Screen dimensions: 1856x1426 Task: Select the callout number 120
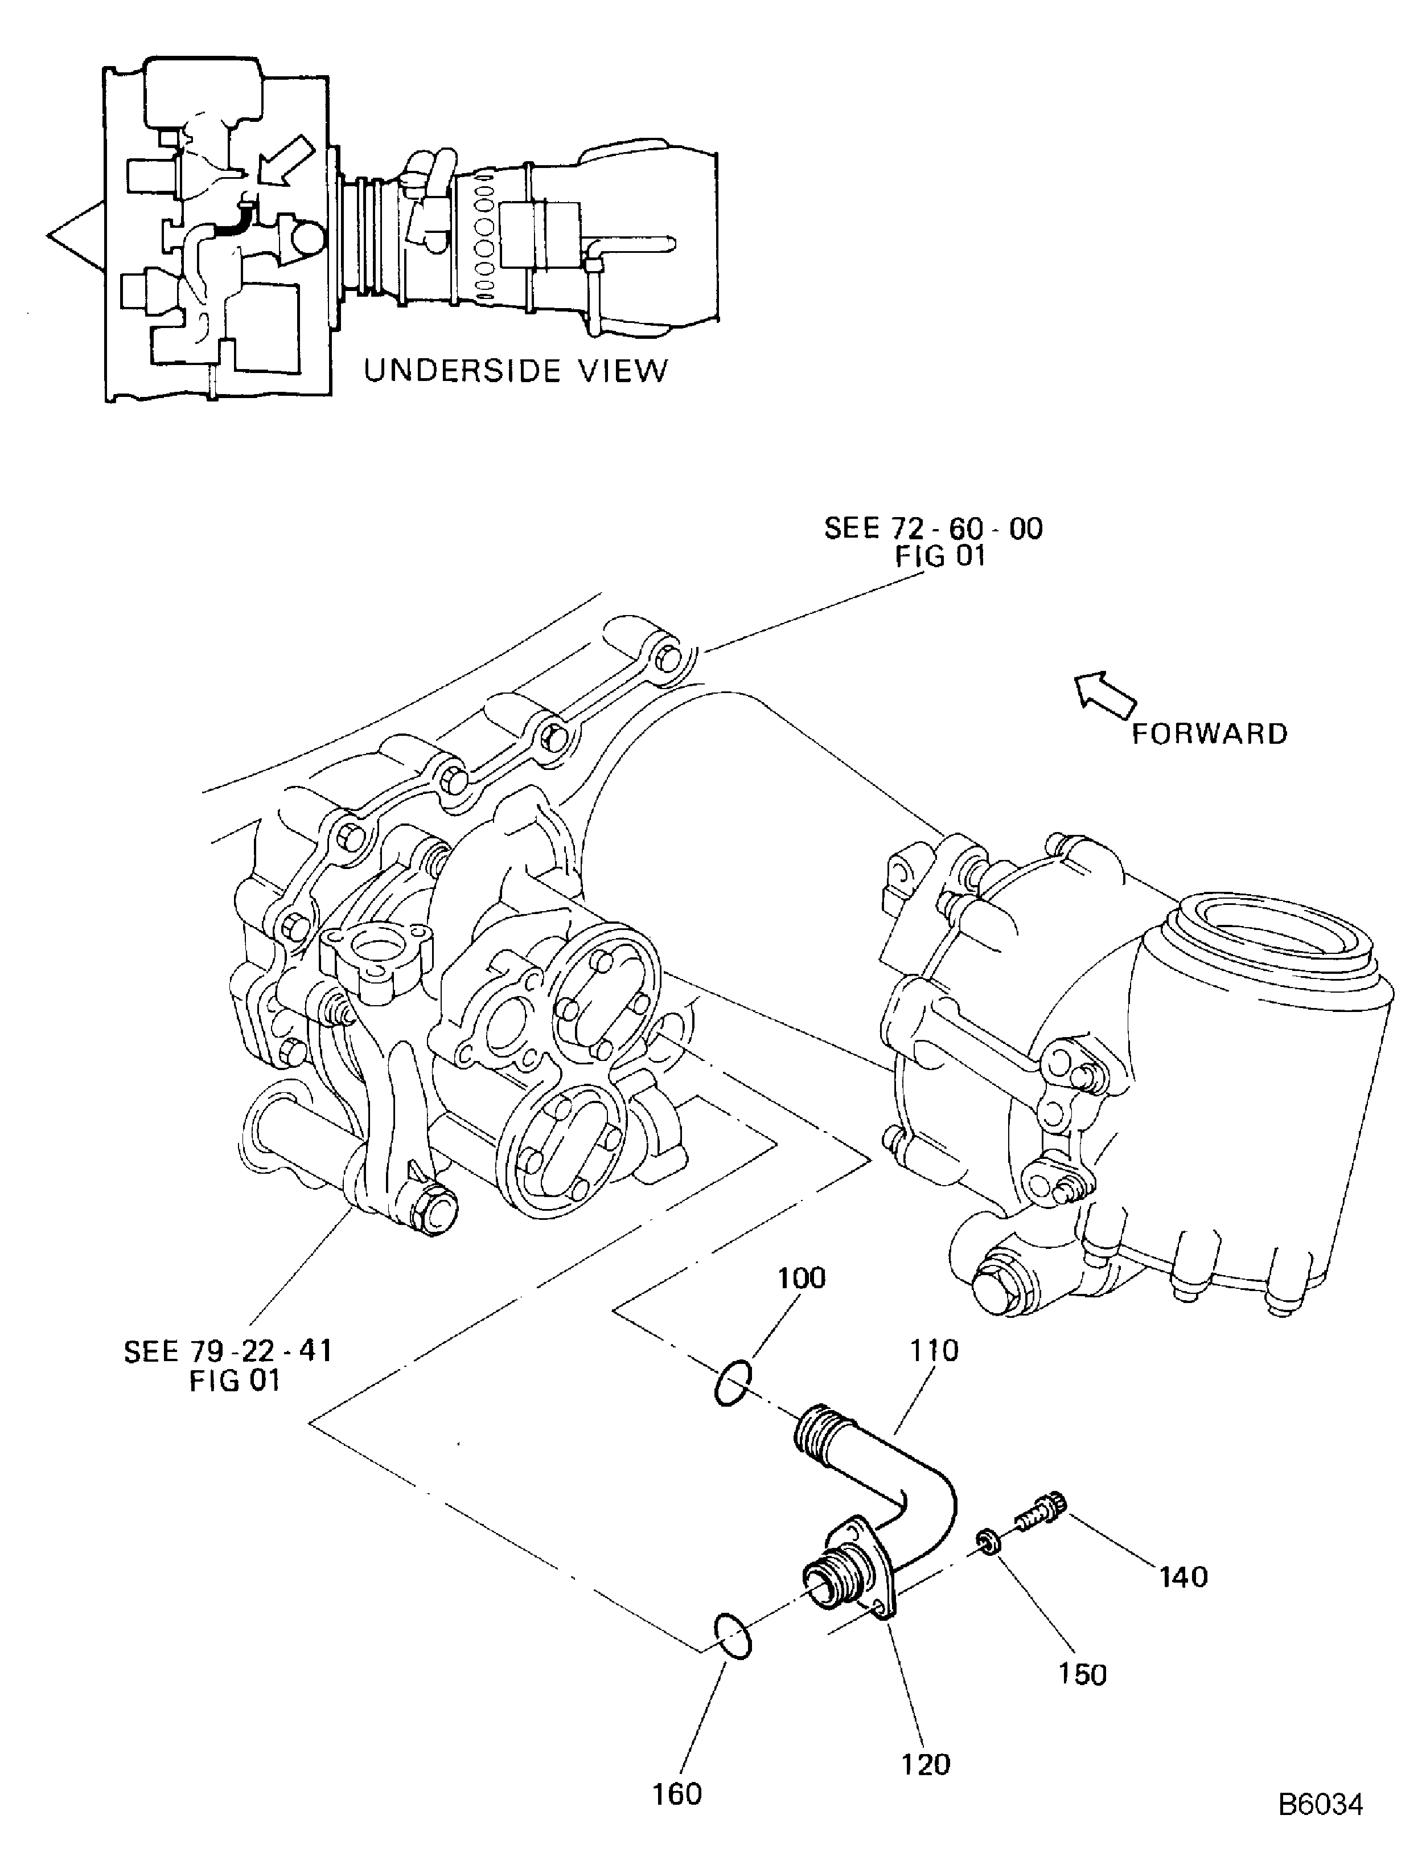(x=925, y=1764)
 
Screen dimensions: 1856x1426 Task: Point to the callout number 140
(x=1183, y=1577)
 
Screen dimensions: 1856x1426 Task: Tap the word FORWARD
(x=1210, y=734)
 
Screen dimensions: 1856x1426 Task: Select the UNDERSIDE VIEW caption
(x=515, y=371)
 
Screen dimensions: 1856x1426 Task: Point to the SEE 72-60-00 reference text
(x=934, y=542)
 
